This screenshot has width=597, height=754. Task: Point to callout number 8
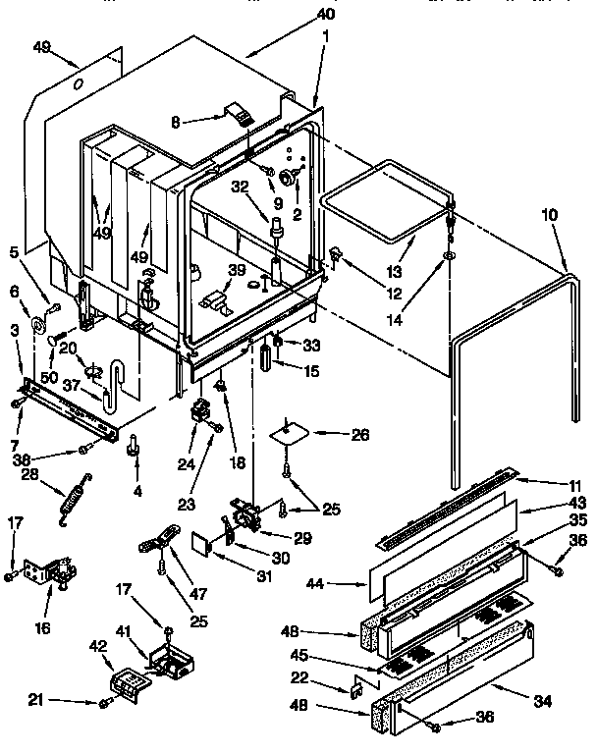click(176, 124)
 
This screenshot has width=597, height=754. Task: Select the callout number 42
click(98, 647)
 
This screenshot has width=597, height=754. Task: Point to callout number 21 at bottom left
click(36, 701)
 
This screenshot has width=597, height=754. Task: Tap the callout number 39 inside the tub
click(237, 270)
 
